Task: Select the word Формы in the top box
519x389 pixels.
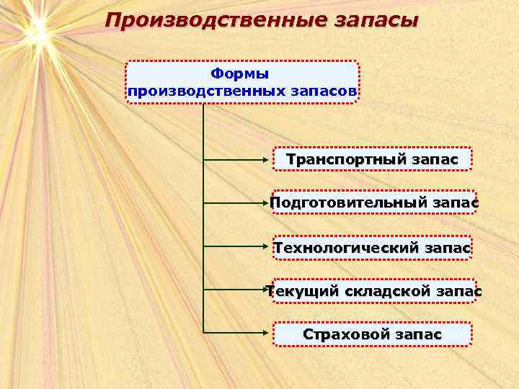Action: (240, 74)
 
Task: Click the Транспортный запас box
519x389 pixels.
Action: (372, 158)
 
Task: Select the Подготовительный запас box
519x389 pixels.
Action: (373, 204)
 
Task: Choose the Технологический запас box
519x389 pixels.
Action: (373, 248)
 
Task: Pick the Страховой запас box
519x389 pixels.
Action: (372, 334)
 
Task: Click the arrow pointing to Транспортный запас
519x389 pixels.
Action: (238, 158)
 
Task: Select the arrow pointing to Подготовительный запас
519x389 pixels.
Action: (238, 204)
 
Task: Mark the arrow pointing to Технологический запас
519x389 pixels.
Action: (238, 246)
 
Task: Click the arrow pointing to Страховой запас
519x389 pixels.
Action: (238, 333)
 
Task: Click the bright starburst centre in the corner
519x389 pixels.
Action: (36, 30)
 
